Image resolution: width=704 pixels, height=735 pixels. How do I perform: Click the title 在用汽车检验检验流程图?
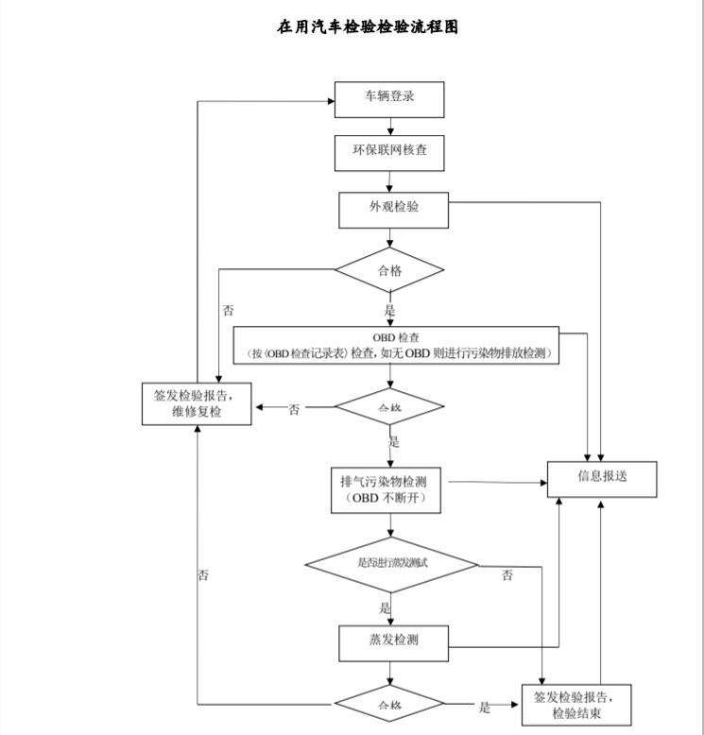(x=368, y=27)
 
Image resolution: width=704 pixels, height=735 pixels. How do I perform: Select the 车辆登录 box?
(x=389, y=97)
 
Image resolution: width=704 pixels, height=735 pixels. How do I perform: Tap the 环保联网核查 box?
(x=389, y=152)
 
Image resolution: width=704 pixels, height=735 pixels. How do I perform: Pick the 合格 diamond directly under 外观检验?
(x=389, y=270)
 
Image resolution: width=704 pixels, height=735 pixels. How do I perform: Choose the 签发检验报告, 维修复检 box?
(x=196, y=402)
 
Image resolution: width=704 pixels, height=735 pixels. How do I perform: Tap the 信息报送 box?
(x=603, y=477)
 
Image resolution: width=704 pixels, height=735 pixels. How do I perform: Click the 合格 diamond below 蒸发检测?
(x=389, y=706)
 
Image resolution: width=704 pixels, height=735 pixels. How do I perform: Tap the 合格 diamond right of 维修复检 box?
(x=389, y=407)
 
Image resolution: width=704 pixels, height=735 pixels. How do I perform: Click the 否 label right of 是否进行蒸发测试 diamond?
(x=507, y=575)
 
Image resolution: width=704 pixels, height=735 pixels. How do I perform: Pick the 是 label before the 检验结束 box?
(x=485, y=708)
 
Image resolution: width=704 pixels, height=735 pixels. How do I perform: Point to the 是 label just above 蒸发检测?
(x=386, y=608)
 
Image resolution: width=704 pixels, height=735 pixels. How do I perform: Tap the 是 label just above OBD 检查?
(x=389, y=311)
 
